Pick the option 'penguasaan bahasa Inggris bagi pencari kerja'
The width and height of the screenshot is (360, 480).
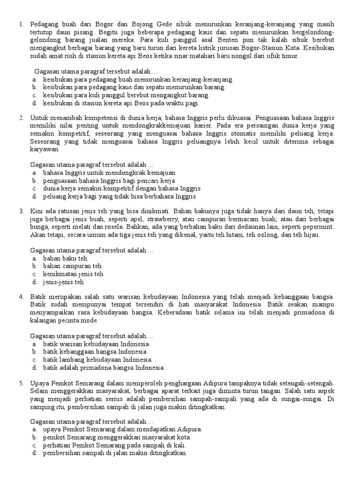click(109, 180)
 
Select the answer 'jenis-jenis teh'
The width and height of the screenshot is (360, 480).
click(63, 282)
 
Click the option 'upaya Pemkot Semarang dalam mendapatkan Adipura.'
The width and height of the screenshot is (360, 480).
click(122, 429)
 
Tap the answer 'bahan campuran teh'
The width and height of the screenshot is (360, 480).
click(72, 266)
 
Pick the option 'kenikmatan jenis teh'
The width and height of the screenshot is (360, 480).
click(73, 274)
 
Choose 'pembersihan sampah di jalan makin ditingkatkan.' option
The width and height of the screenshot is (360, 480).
click(115, 453)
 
